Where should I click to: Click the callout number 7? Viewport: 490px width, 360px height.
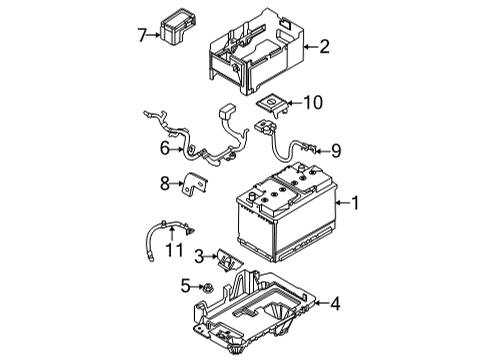point(142,35)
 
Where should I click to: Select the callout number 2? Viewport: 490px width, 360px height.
point(324,47)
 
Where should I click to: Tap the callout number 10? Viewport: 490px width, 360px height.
point(313,103)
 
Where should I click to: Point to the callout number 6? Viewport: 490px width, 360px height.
point(165,148)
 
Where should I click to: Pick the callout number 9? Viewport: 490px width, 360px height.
point(336,151)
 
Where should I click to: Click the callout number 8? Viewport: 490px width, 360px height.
point(165,183)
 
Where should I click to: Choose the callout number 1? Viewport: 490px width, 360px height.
point(355,203)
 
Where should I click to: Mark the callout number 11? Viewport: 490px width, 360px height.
point(174,250)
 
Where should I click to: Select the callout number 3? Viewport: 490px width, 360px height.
point(199,257)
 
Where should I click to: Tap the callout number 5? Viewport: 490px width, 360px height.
point(185,286)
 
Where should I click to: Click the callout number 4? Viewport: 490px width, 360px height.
point(335,304)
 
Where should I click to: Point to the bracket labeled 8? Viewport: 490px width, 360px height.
point(195,184)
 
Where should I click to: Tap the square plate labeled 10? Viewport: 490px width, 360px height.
point(272,105)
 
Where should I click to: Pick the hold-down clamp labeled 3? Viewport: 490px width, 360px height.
point(229,261)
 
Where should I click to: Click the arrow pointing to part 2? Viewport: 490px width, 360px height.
point(311,47)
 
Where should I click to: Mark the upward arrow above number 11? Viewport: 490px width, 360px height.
point(172,233)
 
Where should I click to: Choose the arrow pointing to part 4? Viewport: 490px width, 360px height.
point(321,303)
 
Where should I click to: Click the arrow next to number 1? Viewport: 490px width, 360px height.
point(342,203)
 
